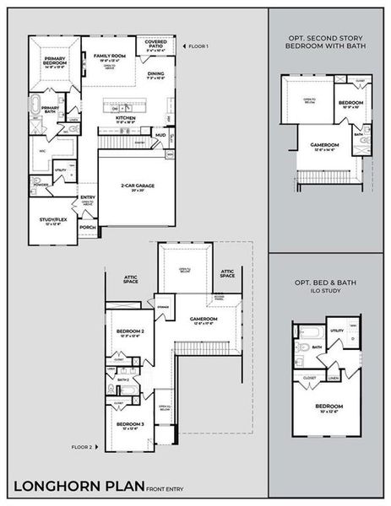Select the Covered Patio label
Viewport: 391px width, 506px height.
pos(155,42)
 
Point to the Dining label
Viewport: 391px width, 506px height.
pos(155,75)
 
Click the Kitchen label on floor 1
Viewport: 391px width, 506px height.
pos(126,120)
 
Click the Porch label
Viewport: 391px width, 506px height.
pos(87,226)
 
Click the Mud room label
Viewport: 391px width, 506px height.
pos(159,133)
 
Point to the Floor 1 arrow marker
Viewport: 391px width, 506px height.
pos(185,45)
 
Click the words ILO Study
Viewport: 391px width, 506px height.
pos(329,292)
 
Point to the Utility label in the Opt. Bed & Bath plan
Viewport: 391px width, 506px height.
pos(337,331)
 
